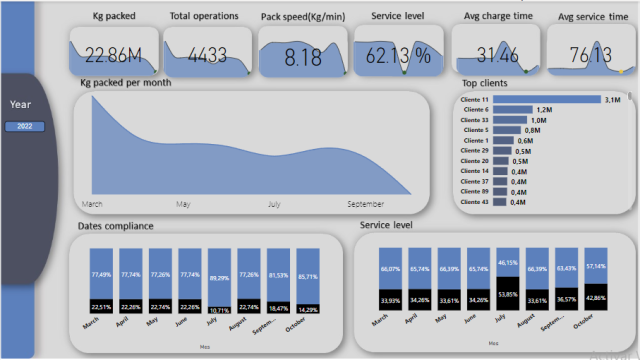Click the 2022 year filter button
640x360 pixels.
25,126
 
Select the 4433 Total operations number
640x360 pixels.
204,56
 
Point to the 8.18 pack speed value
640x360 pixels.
303,58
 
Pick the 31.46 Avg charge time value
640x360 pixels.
496,55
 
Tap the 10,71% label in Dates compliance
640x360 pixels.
219,311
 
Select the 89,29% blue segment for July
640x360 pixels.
219,275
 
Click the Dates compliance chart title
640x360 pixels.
115,227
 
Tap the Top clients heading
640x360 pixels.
484,83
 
